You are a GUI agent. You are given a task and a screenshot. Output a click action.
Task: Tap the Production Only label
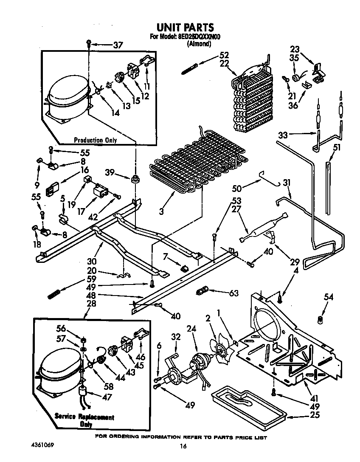[95, 140]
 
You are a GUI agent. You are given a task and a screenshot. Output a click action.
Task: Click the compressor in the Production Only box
[67, 98]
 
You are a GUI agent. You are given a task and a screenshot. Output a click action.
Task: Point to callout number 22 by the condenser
[224, 63]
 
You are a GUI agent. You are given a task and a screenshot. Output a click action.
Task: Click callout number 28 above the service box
[91, 304]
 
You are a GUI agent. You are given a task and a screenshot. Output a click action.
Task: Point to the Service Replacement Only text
[84, 420]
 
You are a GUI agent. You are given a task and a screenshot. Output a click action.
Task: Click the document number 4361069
[42, 446]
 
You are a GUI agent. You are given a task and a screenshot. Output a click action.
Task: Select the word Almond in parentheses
[199, 43]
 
